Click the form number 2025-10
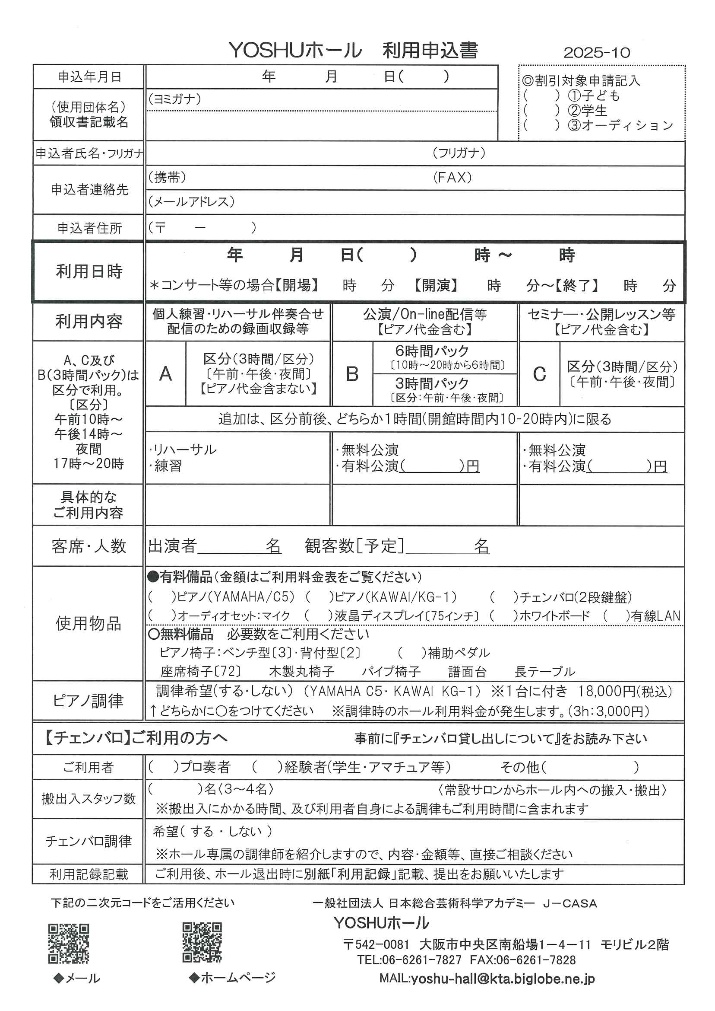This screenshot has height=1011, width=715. (x=597, y=53)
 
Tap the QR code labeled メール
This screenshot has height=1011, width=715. (x=68, y=943)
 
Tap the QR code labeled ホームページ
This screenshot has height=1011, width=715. (x=202, y=942)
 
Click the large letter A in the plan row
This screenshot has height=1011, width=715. (x=165, y=374)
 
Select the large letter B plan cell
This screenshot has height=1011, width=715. (x=352, y=374)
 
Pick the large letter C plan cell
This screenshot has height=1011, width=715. (x=539, y=374)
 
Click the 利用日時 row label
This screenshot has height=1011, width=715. (x=89, y=271)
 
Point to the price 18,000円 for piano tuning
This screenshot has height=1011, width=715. (x=607, y=691)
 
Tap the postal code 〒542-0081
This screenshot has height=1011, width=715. (x=376, y=944)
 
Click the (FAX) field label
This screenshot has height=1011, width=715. (x=452, y=178)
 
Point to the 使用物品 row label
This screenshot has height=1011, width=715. (x=89, y=624)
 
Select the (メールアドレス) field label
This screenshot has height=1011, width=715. (x=191, y=202)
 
